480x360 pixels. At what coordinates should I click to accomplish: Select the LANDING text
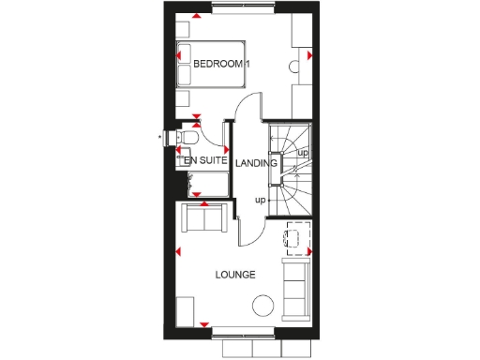[x=256, y=162]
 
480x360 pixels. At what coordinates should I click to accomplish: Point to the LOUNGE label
[x=235, y=275]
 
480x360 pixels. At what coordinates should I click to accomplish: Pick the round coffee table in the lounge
[x=263, y=304]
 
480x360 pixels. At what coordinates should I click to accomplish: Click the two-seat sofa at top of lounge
[x=205, y=220]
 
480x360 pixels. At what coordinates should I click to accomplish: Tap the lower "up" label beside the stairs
[x=259, y=199]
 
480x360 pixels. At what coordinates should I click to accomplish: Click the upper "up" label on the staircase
[x=302, y=152]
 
